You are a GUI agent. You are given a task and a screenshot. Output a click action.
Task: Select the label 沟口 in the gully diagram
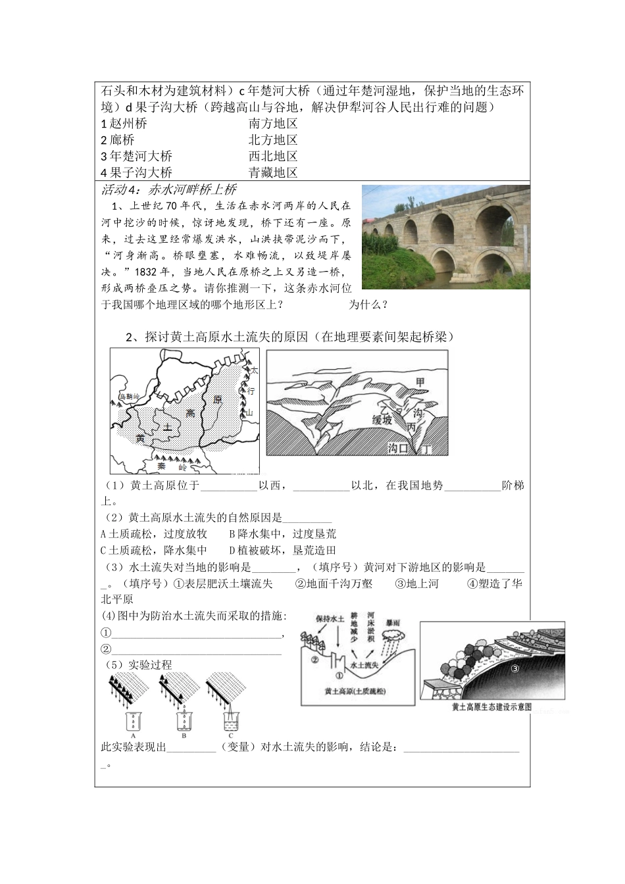(399, 448)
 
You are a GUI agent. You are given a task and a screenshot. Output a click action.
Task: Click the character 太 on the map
(255, 371)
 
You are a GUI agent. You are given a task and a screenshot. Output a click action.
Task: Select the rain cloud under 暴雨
(395, 636)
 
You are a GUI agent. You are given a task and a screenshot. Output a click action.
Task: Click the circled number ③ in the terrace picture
(515, 670)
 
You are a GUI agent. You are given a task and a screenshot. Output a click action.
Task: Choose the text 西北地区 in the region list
(273, 156)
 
